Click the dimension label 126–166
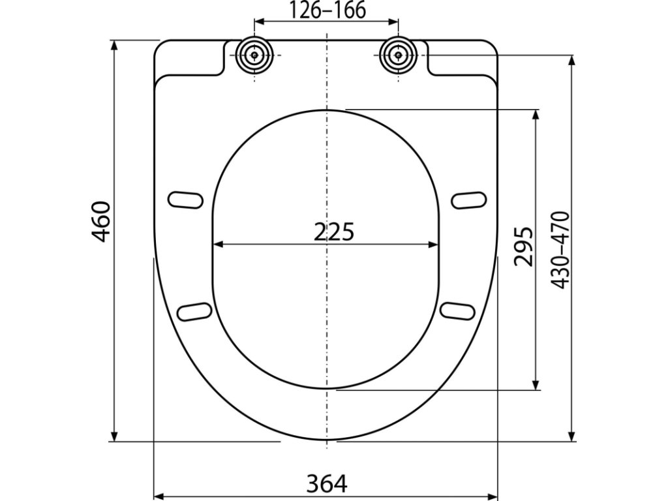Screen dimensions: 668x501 tap(327, 10)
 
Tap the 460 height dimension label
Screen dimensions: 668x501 tap(102, 222)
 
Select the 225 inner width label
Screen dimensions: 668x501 tap(334, 233)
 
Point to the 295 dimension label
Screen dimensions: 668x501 tap(523, 247)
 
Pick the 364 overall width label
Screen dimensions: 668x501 tap(327, 483)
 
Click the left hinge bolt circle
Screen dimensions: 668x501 tap(254, 55)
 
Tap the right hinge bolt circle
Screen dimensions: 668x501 tap(398, 55)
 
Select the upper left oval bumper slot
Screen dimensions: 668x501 tap(185, 200)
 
